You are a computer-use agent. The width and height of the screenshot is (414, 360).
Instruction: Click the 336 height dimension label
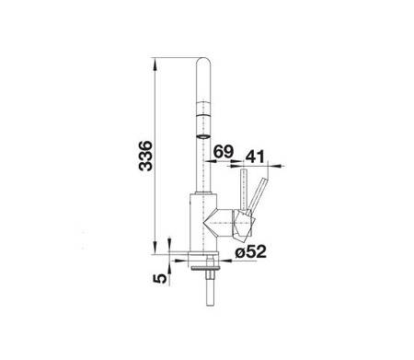click(145, 156)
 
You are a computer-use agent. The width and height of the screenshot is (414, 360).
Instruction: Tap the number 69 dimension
click(224, 151)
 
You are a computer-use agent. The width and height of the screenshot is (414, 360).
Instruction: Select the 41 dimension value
click(255, 157)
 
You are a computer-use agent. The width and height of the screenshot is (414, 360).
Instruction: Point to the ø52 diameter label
click(250, 251)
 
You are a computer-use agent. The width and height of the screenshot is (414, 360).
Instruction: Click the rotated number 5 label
click(160, 278)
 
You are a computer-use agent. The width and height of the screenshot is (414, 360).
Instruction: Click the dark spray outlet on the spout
click(203, 136)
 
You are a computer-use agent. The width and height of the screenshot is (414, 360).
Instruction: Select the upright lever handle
click(245, 190)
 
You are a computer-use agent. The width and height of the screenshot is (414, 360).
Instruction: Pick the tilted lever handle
click(258, 194)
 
